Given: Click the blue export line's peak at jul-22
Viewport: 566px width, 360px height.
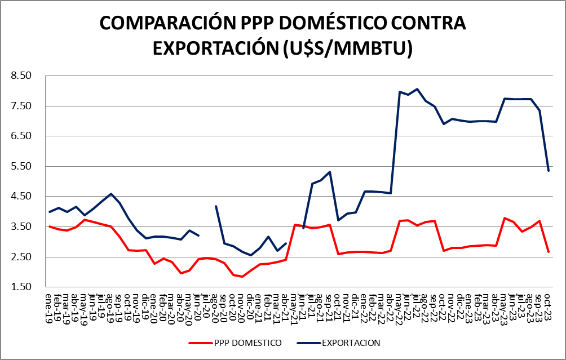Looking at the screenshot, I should pyautogui.click(x=417, y=89).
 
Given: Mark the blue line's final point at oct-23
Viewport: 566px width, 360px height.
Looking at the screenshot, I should pyautogui.click(x=549, y=171).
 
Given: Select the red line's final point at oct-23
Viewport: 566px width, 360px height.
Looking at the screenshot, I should pyautogui.click(x=549, y=252).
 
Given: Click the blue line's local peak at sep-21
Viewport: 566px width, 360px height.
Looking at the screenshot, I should pyautogui.click(x=330, y=172).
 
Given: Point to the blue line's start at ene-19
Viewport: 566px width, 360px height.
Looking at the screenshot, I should pyautogui.click(x=50, y=212).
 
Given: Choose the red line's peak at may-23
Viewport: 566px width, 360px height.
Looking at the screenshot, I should pyautogui.click(x=505, y=218).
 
